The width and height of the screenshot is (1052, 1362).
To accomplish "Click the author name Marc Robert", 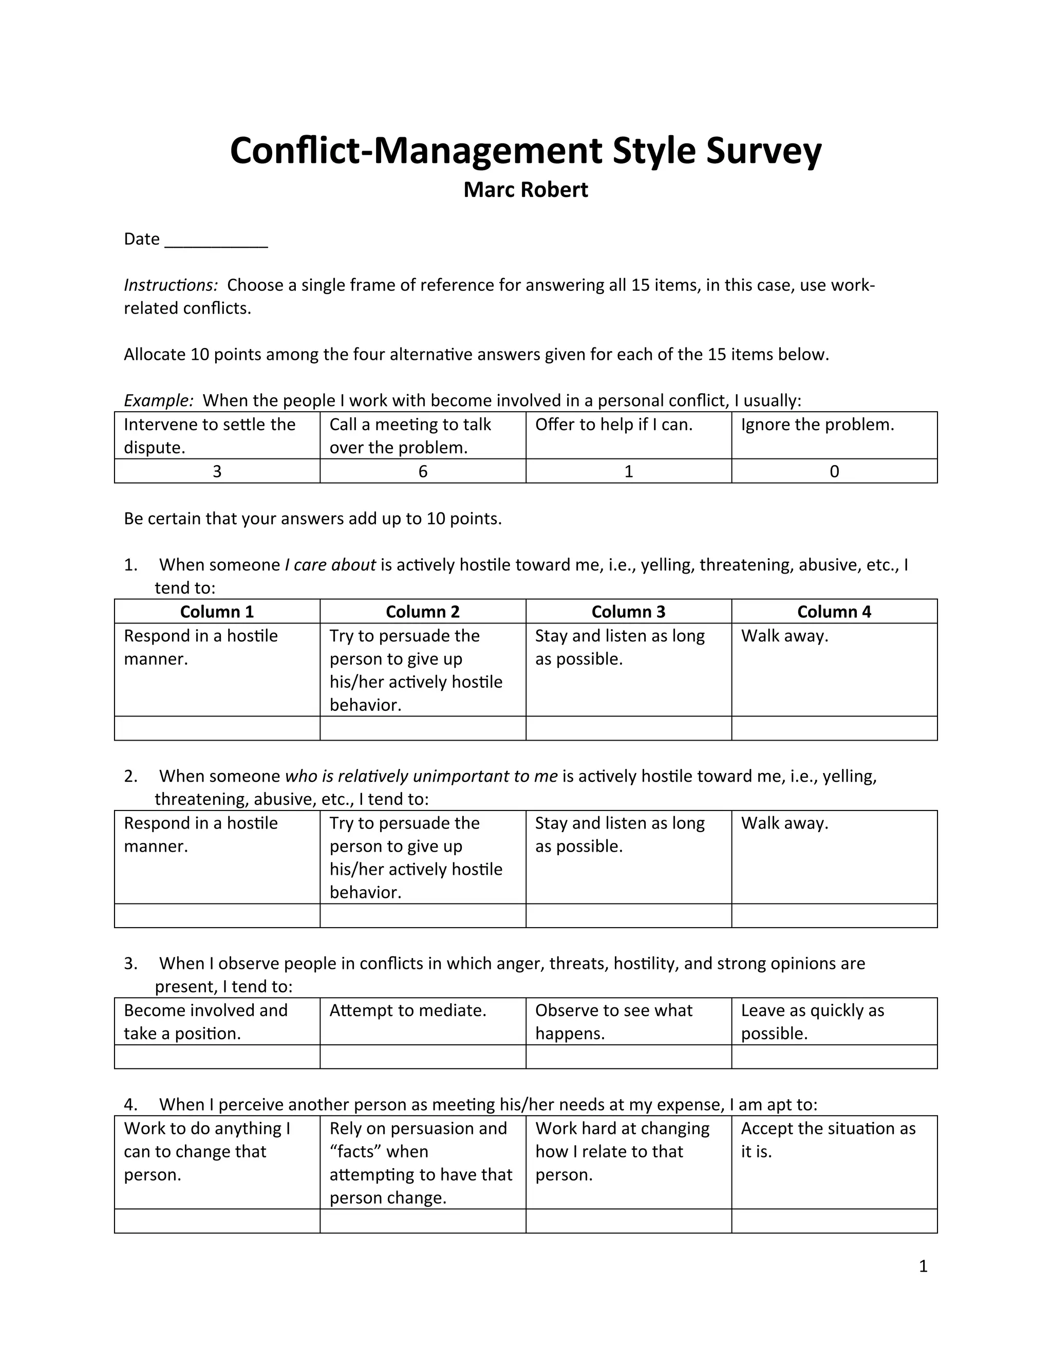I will coord(525,190).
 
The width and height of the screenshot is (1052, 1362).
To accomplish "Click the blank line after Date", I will coord(216,241).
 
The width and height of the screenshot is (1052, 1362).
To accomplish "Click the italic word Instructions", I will coord(171,285).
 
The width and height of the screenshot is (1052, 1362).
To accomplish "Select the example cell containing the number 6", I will coord(423,471).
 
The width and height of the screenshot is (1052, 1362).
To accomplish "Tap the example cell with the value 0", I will coord(834,471).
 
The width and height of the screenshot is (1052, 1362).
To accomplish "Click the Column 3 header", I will coord(628,612).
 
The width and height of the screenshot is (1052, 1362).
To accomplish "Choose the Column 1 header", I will coord(217,612).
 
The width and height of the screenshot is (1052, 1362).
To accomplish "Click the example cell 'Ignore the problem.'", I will coord(834,435).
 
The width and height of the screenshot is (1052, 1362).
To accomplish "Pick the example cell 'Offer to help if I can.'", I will coord(628,435).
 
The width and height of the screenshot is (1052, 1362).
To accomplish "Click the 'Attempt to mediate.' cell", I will coord(423,1022).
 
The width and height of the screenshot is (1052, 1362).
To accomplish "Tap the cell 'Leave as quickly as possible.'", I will coord(834,1022).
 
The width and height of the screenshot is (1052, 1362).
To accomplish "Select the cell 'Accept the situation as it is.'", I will coord(834,1163).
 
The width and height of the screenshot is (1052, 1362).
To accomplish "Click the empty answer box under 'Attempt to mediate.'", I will coord(423,1057).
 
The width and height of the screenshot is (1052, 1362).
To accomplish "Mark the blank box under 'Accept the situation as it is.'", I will coord(834,1221).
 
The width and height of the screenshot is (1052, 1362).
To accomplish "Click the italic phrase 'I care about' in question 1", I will coord(330,565).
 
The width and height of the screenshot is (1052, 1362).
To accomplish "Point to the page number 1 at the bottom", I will coord(923,1266).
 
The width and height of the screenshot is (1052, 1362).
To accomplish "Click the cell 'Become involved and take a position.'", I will coord(217,1022).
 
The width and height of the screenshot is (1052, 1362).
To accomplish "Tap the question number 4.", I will coord(130,1105).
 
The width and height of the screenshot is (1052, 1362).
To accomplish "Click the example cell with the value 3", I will coord(217,471).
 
